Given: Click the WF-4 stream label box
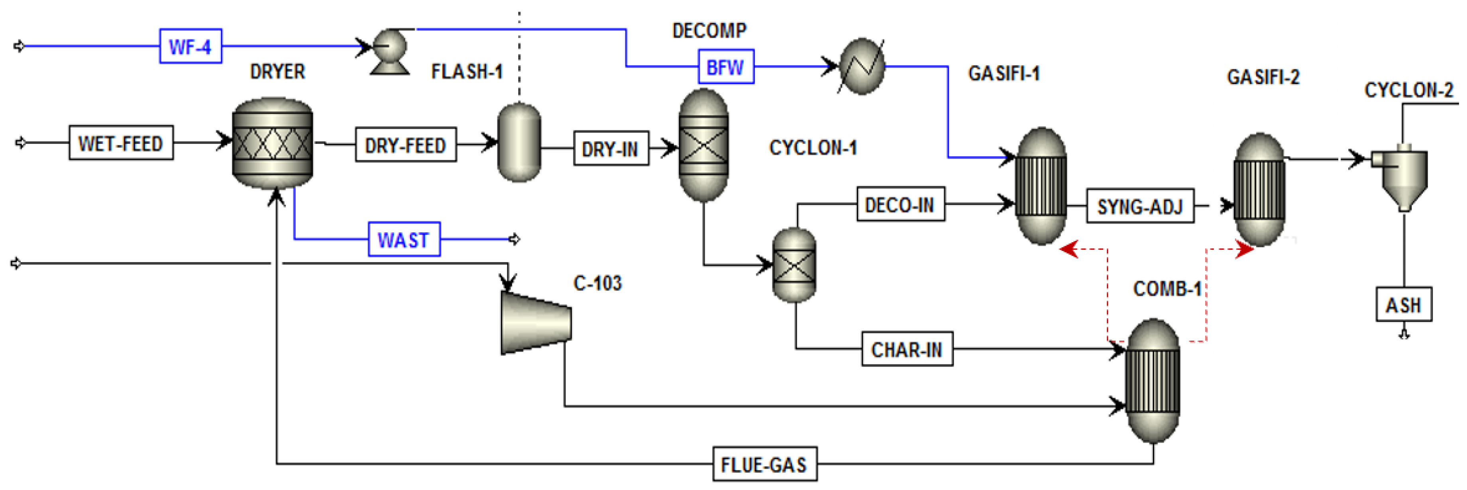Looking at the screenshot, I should [190, 46].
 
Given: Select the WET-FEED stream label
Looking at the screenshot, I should [121, 143].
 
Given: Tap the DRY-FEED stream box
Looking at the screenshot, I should [405, 145].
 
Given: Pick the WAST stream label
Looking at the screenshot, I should [404, 239].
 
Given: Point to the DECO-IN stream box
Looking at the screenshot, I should [900, 204].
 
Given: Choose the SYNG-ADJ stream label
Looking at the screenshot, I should [1140, 206].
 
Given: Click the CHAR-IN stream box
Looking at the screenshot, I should [907, 349].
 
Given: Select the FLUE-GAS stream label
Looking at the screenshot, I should [764, 465].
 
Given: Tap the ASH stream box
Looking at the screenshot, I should [1403, 304].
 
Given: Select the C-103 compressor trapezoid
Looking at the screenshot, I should [535, 323].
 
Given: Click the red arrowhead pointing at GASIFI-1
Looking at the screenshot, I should [1069, 249].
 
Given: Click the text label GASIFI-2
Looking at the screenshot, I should [1263, 77].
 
